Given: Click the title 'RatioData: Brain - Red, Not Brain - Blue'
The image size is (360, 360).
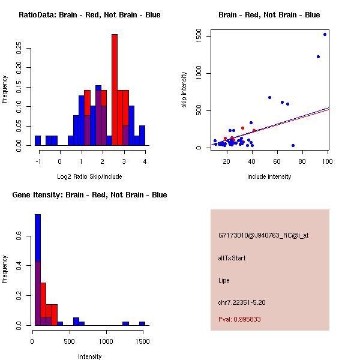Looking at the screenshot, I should coord(89,15).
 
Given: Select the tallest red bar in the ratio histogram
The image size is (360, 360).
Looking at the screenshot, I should coord(115,90).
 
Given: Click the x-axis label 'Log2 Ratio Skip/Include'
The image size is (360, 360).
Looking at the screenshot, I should coord(89,176).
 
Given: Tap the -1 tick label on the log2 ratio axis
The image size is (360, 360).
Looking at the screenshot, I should coord(38,161).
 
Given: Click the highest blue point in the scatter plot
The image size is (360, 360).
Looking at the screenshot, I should coord(325,34).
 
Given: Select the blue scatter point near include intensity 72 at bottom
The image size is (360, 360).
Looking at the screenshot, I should coord(293,145).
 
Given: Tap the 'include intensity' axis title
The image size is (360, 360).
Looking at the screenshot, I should coord(269,176).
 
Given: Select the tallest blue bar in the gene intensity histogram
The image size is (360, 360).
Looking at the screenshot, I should coord(38,270).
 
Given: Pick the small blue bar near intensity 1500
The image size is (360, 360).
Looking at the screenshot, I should coord(142,323).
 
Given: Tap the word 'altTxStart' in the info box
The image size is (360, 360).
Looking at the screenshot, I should coord(232,258).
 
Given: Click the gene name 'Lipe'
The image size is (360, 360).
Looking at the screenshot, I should coord(224,280).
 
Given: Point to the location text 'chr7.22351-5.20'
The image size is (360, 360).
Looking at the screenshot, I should coord(242,302).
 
